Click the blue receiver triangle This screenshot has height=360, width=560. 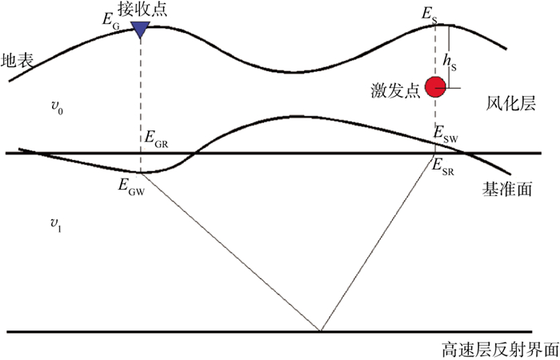point(141,30)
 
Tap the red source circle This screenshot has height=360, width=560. point(435,86)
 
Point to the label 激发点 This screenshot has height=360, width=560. point(401,89)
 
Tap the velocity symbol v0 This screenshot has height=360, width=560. point(56,110)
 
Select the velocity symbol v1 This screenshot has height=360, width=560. point(56,226)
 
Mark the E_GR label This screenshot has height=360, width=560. point(157,137)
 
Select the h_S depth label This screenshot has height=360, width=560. point(454,64)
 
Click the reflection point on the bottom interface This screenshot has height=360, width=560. point(320,330)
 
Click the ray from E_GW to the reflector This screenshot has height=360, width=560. point(232,253)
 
